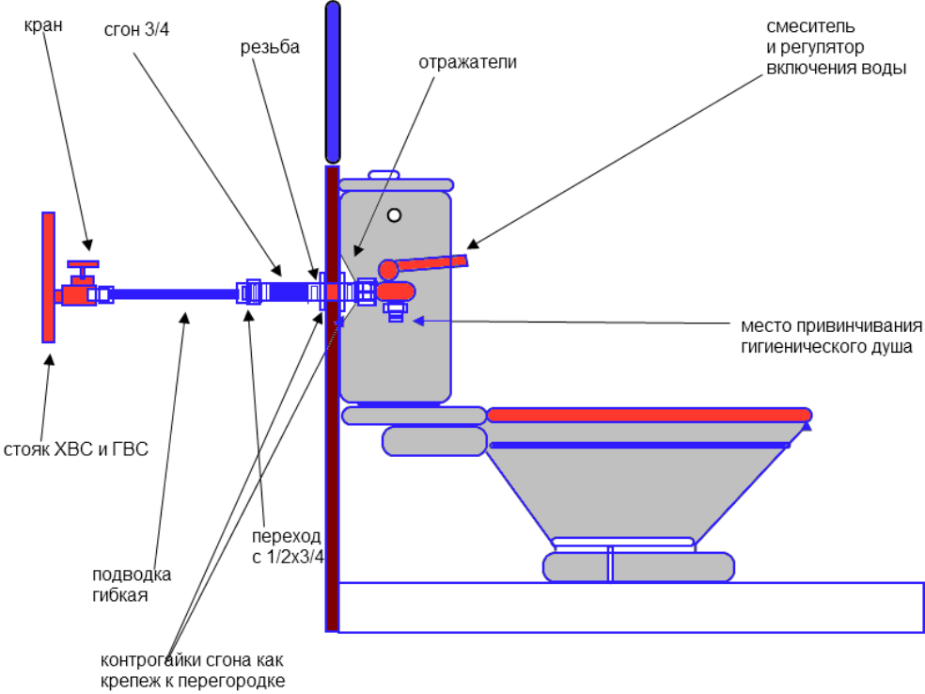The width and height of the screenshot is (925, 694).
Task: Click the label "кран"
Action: point(43,25)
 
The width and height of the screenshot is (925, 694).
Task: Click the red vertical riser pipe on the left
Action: point(48,276)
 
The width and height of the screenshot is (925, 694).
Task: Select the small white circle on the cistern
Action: point(394,214)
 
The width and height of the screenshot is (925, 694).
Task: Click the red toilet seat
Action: point(649,415)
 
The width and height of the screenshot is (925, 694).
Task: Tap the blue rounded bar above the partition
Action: point(332,82)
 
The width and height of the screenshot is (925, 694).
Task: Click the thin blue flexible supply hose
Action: point(174,293)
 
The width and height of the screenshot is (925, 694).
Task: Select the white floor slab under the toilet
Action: point(630,607)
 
